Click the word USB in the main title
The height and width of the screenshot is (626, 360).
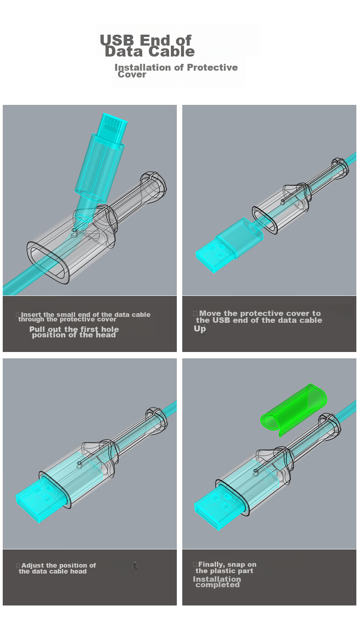(117, 40)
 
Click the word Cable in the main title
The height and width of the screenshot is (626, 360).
(171, 52)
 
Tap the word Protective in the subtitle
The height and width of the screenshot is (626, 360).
(212, 67)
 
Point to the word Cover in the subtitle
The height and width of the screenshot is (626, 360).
(132, 75)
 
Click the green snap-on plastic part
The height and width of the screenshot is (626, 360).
(293, 410)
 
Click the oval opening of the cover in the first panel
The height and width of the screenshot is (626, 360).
(48, 262)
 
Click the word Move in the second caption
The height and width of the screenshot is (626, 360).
(210, 313)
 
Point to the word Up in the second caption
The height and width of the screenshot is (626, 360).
(200, 329)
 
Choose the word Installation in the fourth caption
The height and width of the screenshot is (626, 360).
(217, 579)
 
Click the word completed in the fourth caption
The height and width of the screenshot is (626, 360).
(217, 585)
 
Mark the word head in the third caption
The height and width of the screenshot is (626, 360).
(78, 571)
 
